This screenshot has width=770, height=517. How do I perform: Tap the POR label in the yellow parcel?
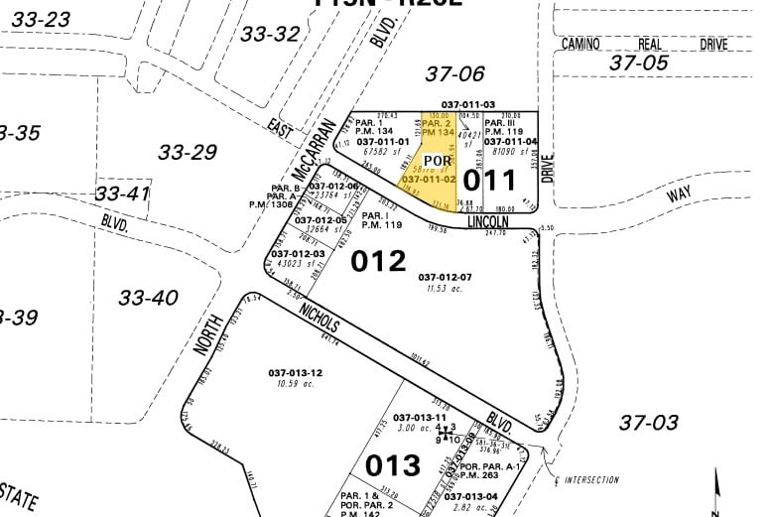(438, 161)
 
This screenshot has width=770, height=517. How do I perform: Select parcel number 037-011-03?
(468, 104)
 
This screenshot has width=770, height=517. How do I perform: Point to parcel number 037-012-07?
(446, 276)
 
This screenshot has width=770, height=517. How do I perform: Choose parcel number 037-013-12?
(295, 373)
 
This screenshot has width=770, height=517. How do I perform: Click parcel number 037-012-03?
(298, 254)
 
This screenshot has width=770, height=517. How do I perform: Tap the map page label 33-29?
(188, 152)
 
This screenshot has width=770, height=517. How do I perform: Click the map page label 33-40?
(148, 297)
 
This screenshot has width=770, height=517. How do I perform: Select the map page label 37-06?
(454, 72)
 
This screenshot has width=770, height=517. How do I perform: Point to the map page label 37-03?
(648, 422)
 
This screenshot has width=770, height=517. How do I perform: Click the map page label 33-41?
(123, 193)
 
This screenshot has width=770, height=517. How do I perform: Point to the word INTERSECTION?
(591, 480)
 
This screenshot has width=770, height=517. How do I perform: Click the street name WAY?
(679, 194)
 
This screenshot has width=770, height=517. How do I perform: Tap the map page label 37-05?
(640, 63)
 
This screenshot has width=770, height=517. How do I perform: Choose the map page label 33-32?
(270, 34)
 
